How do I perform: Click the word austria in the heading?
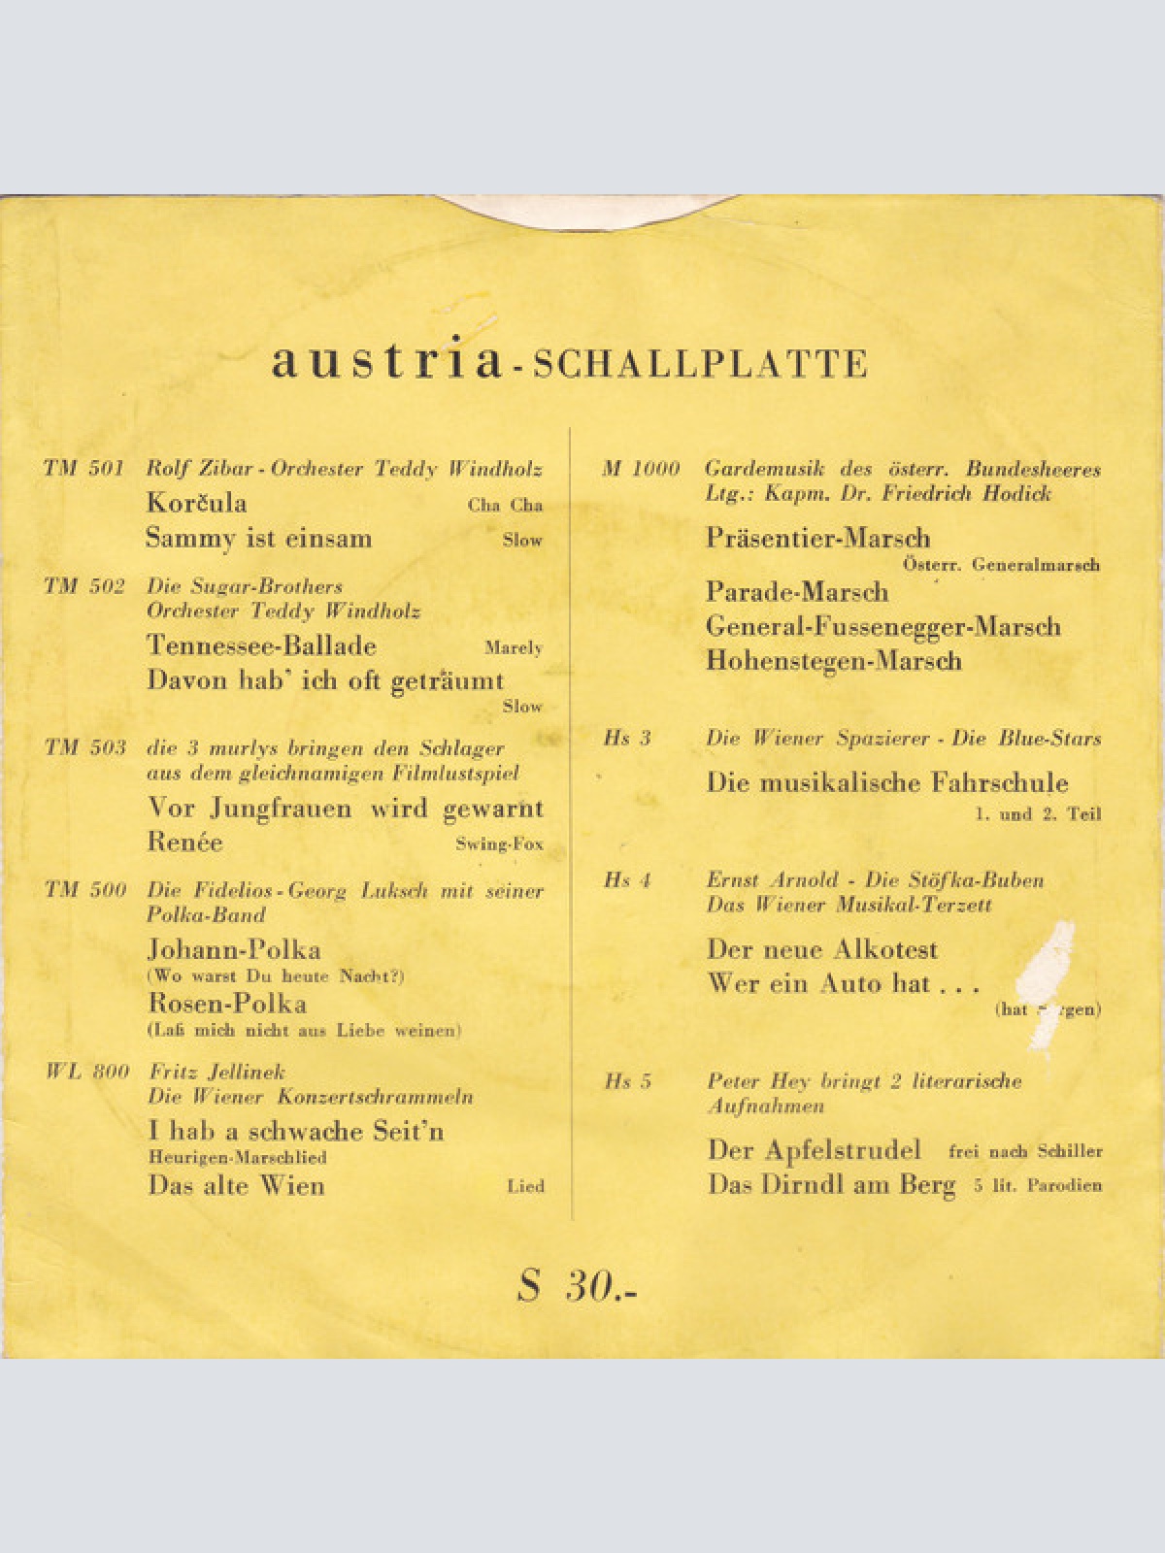(386, 361)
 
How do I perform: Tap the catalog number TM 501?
(83, 469)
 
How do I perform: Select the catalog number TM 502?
(84, 586)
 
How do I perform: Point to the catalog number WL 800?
(87, 1072)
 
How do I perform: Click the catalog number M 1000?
(641, 469)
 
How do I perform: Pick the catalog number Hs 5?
(627, 1081)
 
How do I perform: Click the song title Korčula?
(196, 503)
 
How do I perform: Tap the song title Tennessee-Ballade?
(261, 645)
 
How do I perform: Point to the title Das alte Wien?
(236, 1185)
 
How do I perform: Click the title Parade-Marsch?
(797, 591)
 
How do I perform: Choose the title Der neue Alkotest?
(822, 948)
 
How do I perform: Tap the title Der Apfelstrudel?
(814, 1150)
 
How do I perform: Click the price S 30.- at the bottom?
(579, 1287)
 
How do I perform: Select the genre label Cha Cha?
(505, 505)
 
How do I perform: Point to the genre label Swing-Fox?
(499, 843)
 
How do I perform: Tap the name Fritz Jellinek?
(217, 1072)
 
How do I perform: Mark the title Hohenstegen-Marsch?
(833, 661)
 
